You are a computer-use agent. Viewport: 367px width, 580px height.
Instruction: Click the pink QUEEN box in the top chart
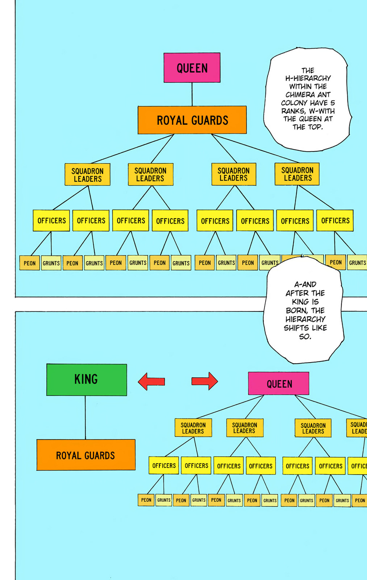point(192,68)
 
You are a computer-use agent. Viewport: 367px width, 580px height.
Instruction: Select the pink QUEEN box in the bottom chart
point(279,384)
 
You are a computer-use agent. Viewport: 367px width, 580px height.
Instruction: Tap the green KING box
point(87,380)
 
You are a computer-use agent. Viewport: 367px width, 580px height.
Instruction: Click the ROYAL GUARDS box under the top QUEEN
point(192,120)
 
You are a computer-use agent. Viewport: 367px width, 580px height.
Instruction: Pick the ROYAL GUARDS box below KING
point(86,455)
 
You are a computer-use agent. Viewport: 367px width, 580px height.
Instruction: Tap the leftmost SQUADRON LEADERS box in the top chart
point(87,174)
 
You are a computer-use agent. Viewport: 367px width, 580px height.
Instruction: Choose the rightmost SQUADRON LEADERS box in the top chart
point(297,174)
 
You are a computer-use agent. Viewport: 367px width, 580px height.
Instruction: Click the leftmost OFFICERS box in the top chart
point(51,220)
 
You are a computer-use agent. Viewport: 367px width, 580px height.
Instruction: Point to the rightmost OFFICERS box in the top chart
point(335,220)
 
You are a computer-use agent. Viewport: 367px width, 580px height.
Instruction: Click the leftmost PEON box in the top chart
point(29,263)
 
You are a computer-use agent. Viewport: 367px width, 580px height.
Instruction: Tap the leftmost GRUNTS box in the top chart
point(51,263)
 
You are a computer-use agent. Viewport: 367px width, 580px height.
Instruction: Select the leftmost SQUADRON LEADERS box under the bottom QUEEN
point(193,428)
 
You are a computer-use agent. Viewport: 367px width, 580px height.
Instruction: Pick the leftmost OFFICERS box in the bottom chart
point(164,465)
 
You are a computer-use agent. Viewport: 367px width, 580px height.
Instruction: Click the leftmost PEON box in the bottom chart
point(146,500)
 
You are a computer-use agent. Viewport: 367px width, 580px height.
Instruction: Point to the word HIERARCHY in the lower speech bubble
point(305,319)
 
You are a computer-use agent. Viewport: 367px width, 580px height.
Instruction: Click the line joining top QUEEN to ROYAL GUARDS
point(192,94)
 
